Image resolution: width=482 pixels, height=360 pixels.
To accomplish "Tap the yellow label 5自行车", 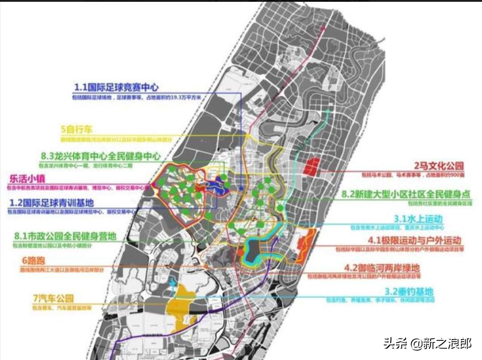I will pyautogui.click(x=76, y=130).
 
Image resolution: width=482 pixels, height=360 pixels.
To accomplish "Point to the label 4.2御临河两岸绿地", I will pyautogui.click(x=388, y=268).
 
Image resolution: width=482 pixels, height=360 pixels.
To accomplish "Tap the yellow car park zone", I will pyautogui.click(x=184, y=308).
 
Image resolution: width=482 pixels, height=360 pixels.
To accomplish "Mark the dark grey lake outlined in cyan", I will pyautogui.click(x=252, y=251).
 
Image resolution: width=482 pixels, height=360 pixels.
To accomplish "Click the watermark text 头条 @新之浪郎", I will pyautogui.click(x=427, y=343).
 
